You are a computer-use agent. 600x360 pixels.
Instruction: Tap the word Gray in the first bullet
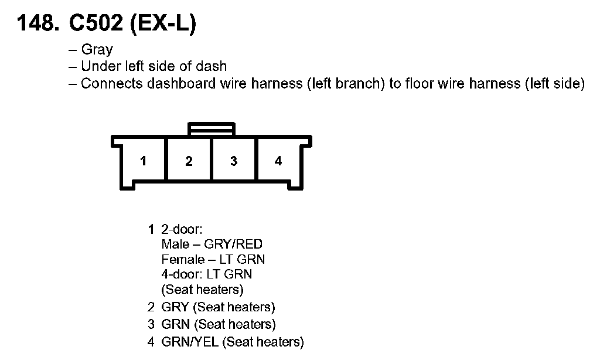click(x=97, y=50)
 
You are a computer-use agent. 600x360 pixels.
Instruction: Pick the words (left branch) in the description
click(x=344, y=83)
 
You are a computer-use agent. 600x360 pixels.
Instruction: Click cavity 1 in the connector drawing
click(x=144, y=161)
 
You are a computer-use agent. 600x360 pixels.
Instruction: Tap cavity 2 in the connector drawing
click(x=189, y=161)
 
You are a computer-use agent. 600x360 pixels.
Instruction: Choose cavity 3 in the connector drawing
click(x=234, y=161)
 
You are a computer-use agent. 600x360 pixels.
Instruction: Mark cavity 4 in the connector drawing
click(x=278, y=161)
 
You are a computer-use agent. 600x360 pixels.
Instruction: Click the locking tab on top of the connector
click(x=211, y=129)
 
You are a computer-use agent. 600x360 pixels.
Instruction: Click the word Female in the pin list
click(x=180, y=259)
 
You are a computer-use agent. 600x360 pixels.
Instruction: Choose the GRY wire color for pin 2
click(x=175, y=307)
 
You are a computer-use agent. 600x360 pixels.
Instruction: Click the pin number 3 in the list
click(x=151, y=324)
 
